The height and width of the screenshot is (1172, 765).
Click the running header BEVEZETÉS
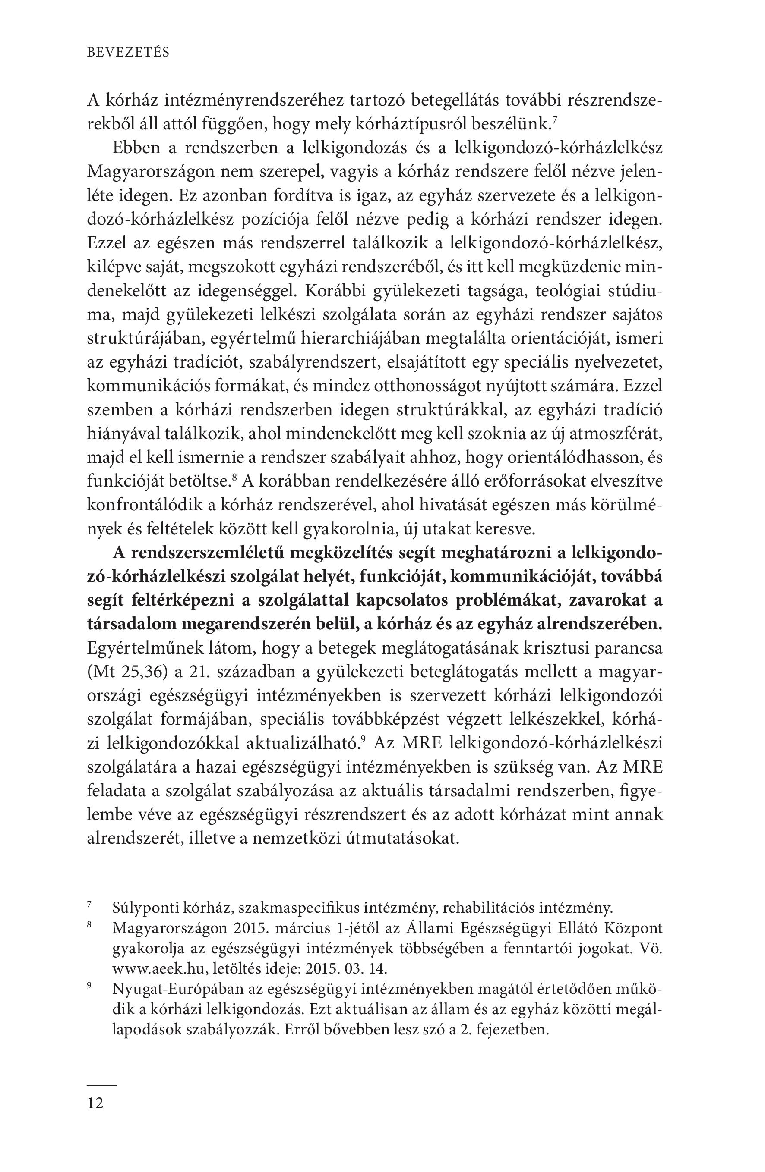pyautogui.click(x=128, y=53)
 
